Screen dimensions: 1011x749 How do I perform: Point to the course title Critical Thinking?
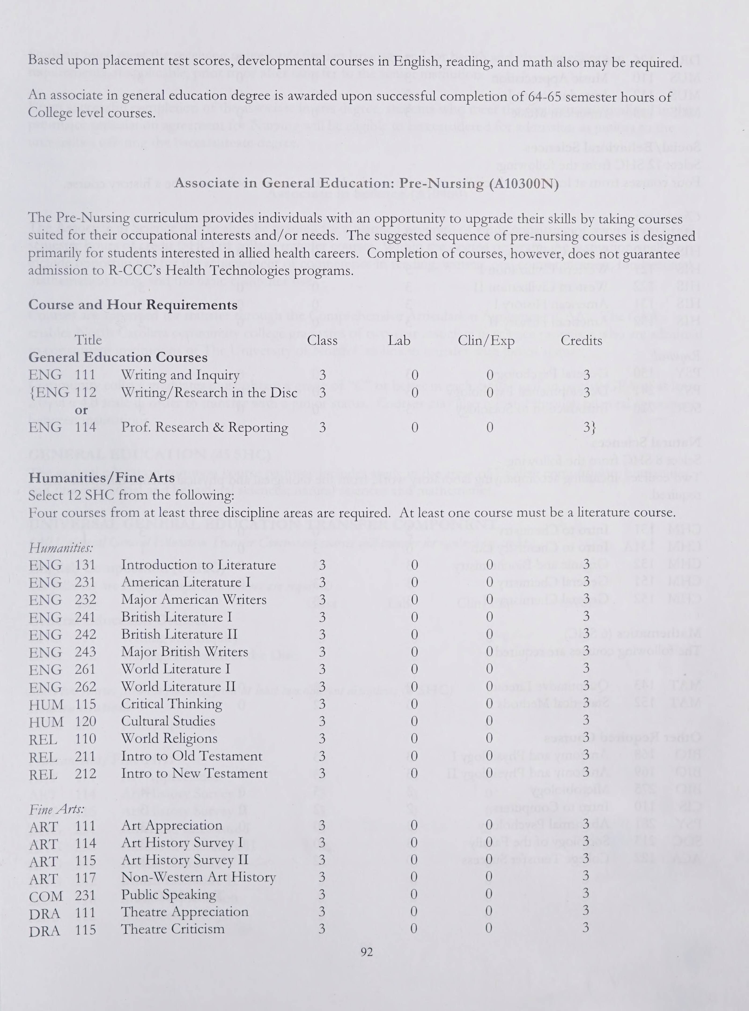[x=172, y=704]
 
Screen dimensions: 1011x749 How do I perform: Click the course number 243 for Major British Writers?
[x=86, y=652]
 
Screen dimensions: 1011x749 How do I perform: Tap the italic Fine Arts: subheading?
[x=57, y=809]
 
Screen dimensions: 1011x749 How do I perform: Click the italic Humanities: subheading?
[x=61, y=548]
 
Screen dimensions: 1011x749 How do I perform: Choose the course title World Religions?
[x=169, y=738]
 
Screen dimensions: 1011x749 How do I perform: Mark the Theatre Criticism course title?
[x=173, y=929]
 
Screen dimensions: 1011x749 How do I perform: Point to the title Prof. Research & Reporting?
[x=204, y=427]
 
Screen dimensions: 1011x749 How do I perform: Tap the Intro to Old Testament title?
[x=191, y=756]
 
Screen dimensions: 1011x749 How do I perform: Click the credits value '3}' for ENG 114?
[x=589, y=427]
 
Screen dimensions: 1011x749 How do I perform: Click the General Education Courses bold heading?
[x=118, y=358]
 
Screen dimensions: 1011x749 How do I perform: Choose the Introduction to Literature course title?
[x=198, y=565]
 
